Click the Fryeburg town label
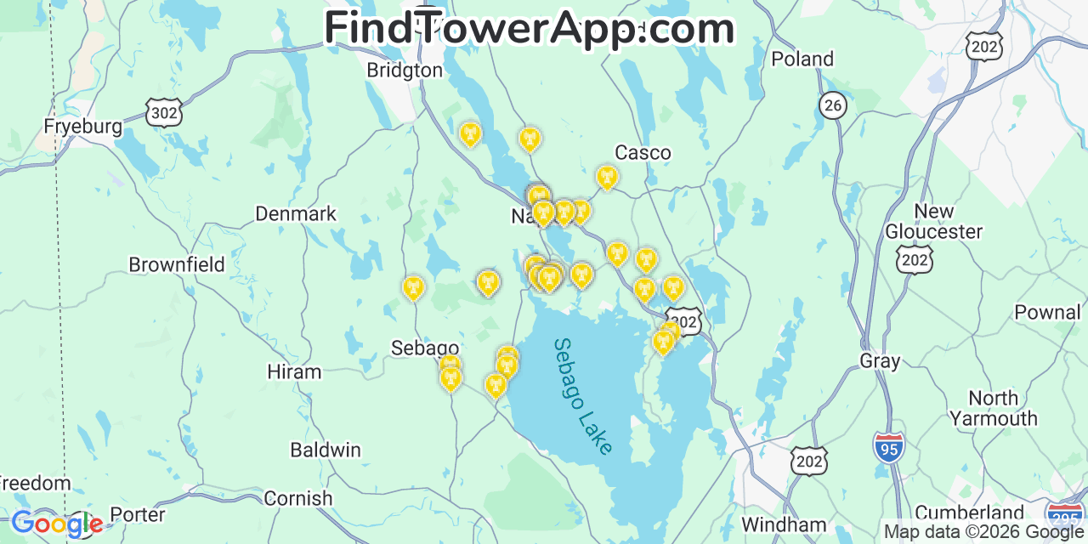83,127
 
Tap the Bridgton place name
405,71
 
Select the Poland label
802,59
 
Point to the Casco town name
643,153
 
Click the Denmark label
296,214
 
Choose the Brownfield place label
177,265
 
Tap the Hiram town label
294,372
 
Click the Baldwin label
326,450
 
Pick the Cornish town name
297,499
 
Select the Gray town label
880,361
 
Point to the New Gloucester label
933,221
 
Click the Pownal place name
1047,313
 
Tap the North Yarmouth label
993,408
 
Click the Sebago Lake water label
583,396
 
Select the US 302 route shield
163,112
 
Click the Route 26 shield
834,105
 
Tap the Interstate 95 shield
888,447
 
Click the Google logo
56,524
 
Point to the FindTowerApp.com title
529,28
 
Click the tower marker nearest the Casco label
607,178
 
